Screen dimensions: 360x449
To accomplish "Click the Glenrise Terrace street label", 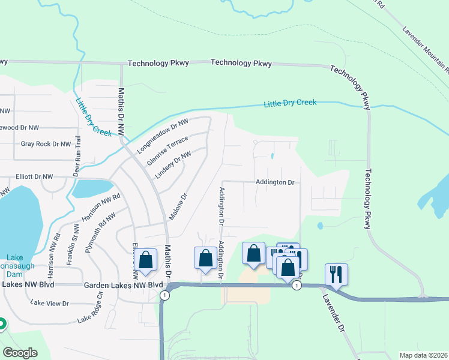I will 167,150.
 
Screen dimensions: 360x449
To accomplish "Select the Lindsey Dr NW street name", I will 173,164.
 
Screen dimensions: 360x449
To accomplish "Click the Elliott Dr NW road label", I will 34,177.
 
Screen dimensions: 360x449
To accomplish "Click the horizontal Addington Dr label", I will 274,182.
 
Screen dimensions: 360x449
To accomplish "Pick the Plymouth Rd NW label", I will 100,232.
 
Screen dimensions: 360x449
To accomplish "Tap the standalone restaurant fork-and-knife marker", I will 337,274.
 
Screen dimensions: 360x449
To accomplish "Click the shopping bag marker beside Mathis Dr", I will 146,259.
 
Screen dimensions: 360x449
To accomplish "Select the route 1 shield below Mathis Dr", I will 164,295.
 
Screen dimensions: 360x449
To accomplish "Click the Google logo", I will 20,353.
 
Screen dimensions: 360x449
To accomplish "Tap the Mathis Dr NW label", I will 121,111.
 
